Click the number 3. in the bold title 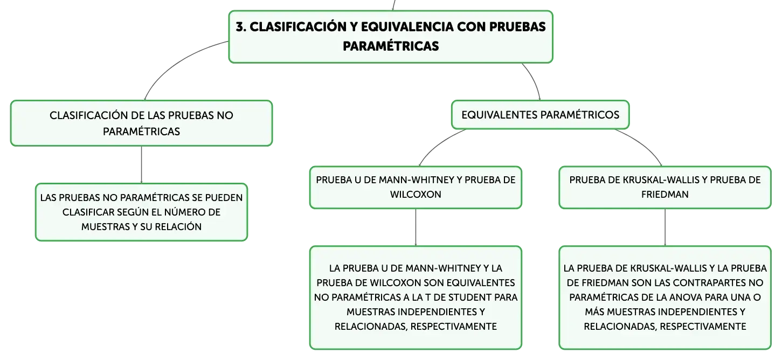point(241,27)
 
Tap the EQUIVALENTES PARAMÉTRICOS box point(540,115)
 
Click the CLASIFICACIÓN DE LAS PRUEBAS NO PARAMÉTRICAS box point(141,123)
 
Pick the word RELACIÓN point(178,227)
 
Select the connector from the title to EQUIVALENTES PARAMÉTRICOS point(534,80)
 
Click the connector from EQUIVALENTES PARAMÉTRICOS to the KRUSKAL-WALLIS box point(642,143)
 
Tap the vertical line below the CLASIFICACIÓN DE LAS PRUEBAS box point(141,164)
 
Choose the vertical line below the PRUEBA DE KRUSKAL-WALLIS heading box point(665,227)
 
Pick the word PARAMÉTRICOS point(580,115)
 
